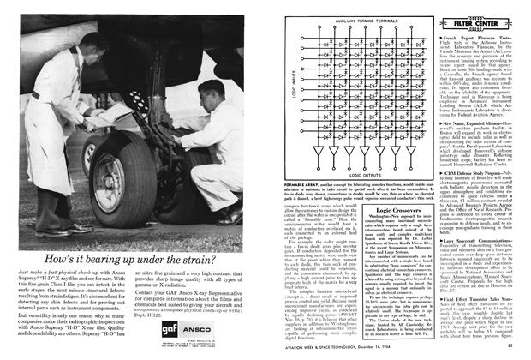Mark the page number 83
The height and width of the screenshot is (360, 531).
[519, 346]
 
